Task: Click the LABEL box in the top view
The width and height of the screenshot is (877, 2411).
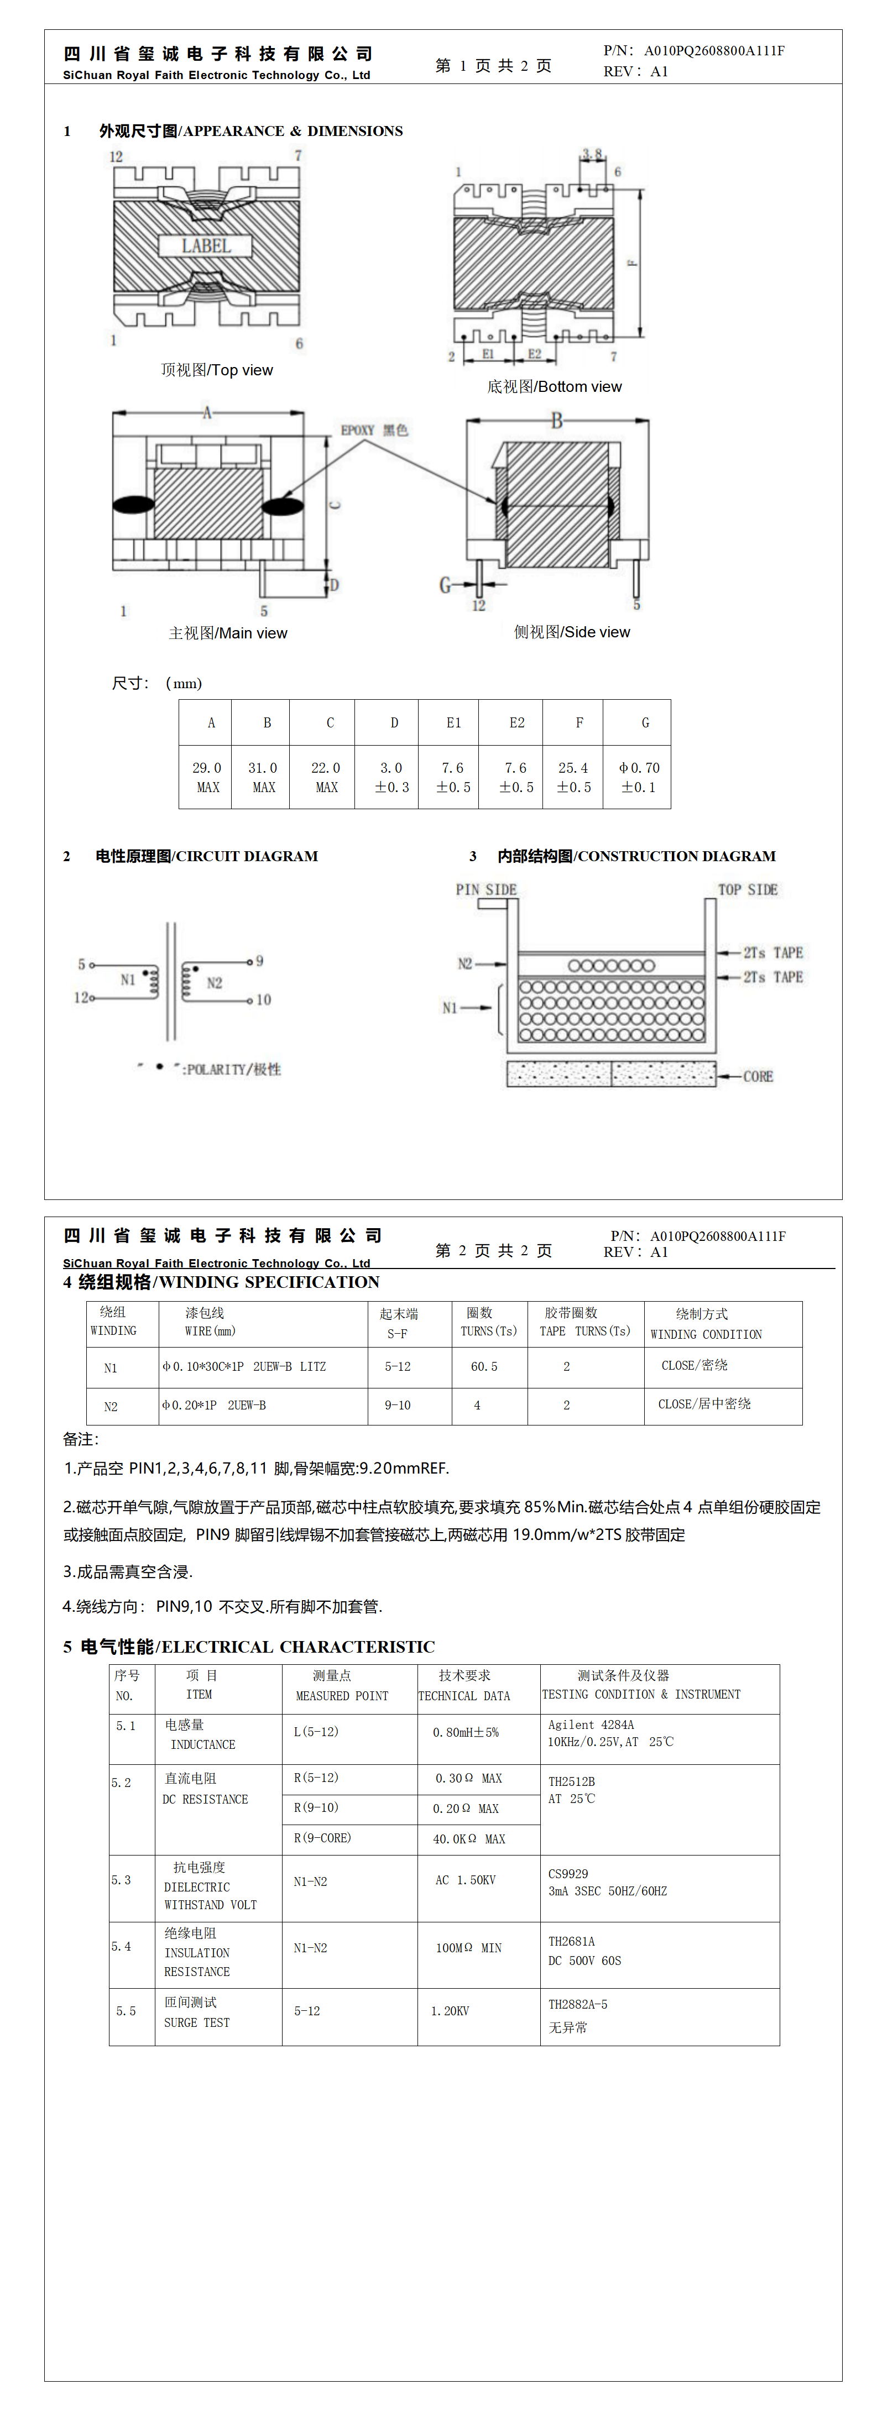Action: point(205,246)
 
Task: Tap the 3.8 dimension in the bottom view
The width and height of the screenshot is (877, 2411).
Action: point(592,154)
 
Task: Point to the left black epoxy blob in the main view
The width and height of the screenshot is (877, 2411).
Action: point(134,505)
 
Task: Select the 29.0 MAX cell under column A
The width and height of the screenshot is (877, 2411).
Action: point(207,777)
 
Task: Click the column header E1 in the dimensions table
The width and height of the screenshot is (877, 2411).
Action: point(453,722)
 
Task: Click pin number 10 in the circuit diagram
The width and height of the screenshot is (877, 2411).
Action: point(264,999)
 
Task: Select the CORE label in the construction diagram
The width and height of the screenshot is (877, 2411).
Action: point(758,1076)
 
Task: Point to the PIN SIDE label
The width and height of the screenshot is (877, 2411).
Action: point(486,889)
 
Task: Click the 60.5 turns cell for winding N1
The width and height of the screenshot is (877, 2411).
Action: point(484,1366)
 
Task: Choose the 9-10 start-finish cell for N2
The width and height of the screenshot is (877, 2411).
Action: point(398,1405)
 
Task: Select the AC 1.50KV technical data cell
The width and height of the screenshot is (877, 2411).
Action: point(465,1880)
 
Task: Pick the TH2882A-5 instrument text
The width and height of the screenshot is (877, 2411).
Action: point(577,2004)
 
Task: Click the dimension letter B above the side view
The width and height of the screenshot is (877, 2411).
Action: point(557,420)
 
